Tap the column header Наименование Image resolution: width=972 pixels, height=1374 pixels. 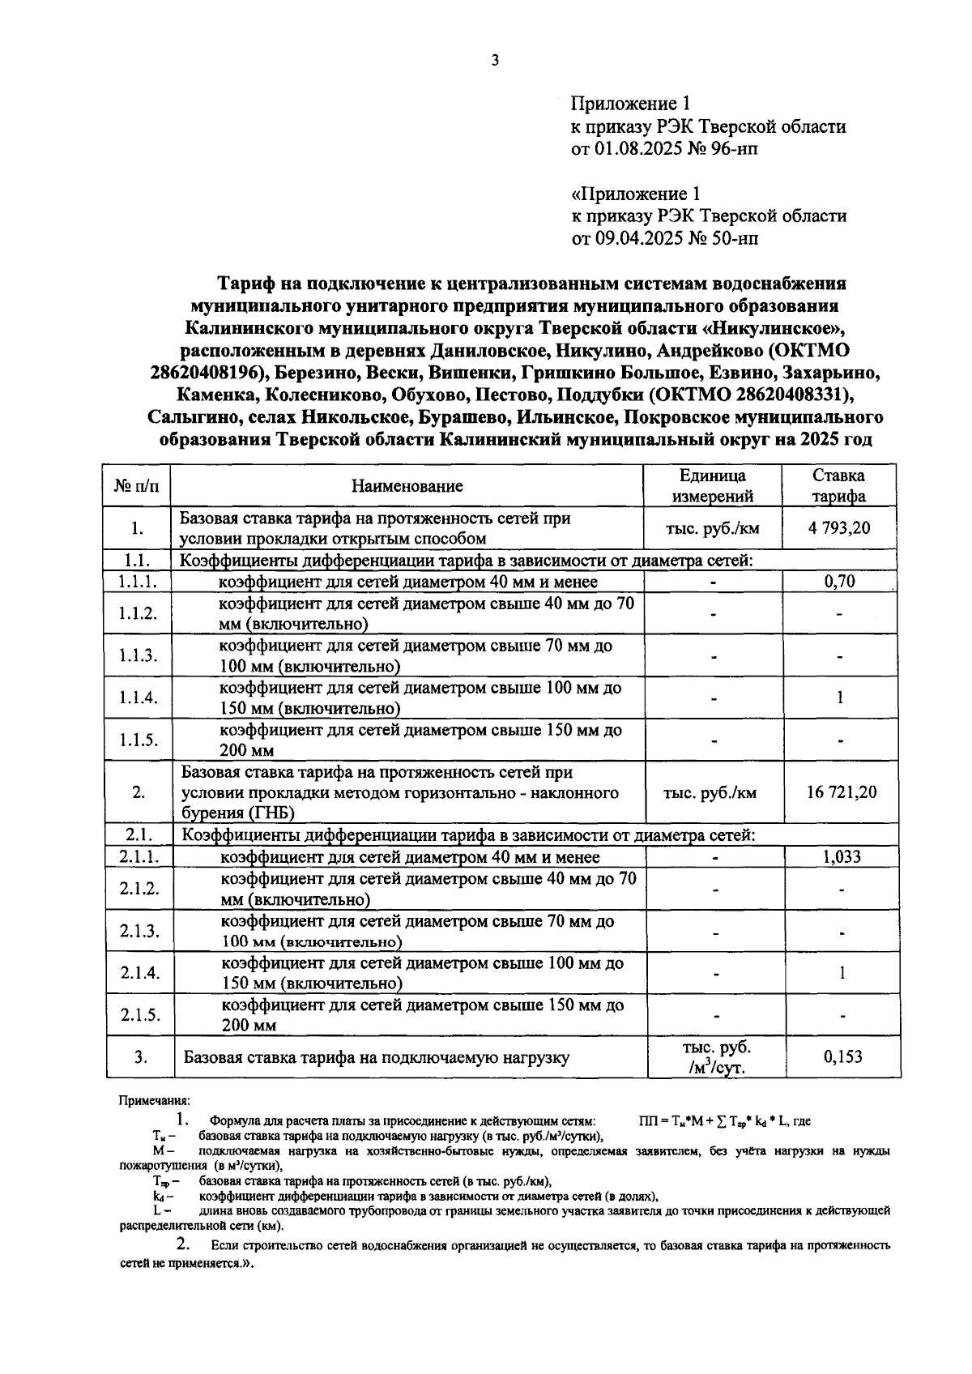(407, 486)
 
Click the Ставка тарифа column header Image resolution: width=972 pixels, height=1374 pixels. (838, 486)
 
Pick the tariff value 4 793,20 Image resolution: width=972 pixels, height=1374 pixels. (839, 528)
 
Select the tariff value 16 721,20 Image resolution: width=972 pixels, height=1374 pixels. (841, 792)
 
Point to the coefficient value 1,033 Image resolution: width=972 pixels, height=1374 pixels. (841, 857)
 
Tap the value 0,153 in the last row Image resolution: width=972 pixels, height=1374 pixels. (842, 1056)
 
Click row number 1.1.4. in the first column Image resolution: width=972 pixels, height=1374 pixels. (138, 698)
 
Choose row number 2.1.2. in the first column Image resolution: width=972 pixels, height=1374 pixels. (139, 889)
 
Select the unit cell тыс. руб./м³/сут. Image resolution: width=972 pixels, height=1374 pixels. (713, 1056)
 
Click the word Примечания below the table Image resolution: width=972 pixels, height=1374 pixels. (154, 1101)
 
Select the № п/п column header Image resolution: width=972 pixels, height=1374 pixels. (137, 486)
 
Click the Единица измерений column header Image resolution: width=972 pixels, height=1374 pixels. (712, 486)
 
